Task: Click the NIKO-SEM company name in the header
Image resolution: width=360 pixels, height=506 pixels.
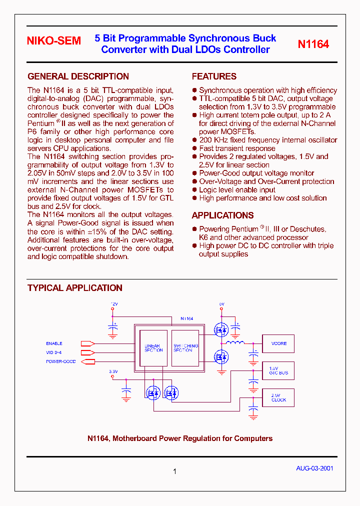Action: point(53,41)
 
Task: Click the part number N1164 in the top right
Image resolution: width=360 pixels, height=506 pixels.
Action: point(313,44)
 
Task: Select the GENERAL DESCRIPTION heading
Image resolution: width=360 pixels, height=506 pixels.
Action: point(78,76)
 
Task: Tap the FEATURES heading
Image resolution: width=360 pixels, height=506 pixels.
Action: point(214,76)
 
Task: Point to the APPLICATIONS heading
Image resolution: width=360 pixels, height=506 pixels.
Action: point(222,215)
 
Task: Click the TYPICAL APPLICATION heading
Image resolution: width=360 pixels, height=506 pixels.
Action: point(75,288)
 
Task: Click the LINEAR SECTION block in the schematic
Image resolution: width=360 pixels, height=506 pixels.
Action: point(153,348)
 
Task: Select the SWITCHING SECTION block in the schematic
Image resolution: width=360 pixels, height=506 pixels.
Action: point(185,348)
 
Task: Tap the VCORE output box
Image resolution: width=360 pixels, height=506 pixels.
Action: point(278,343)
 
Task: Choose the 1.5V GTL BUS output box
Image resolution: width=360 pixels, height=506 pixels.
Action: point(278,370)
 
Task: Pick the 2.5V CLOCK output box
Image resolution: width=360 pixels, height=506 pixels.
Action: point(278,397)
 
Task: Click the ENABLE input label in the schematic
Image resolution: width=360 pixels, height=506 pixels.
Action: point(54,343)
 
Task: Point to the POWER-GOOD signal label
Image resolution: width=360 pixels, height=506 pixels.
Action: point(60,361)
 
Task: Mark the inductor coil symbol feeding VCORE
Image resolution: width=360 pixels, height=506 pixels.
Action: point(234,343)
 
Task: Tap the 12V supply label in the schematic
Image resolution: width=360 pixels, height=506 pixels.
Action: point(114,303)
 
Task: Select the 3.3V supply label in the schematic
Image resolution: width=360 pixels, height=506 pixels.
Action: point(113,371)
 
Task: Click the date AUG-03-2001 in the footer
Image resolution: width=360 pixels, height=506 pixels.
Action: point(314,468)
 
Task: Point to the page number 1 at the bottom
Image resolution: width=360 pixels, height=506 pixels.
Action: point(174,471)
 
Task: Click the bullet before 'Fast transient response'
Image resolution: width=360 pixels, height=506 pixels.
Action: point(194,148)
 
